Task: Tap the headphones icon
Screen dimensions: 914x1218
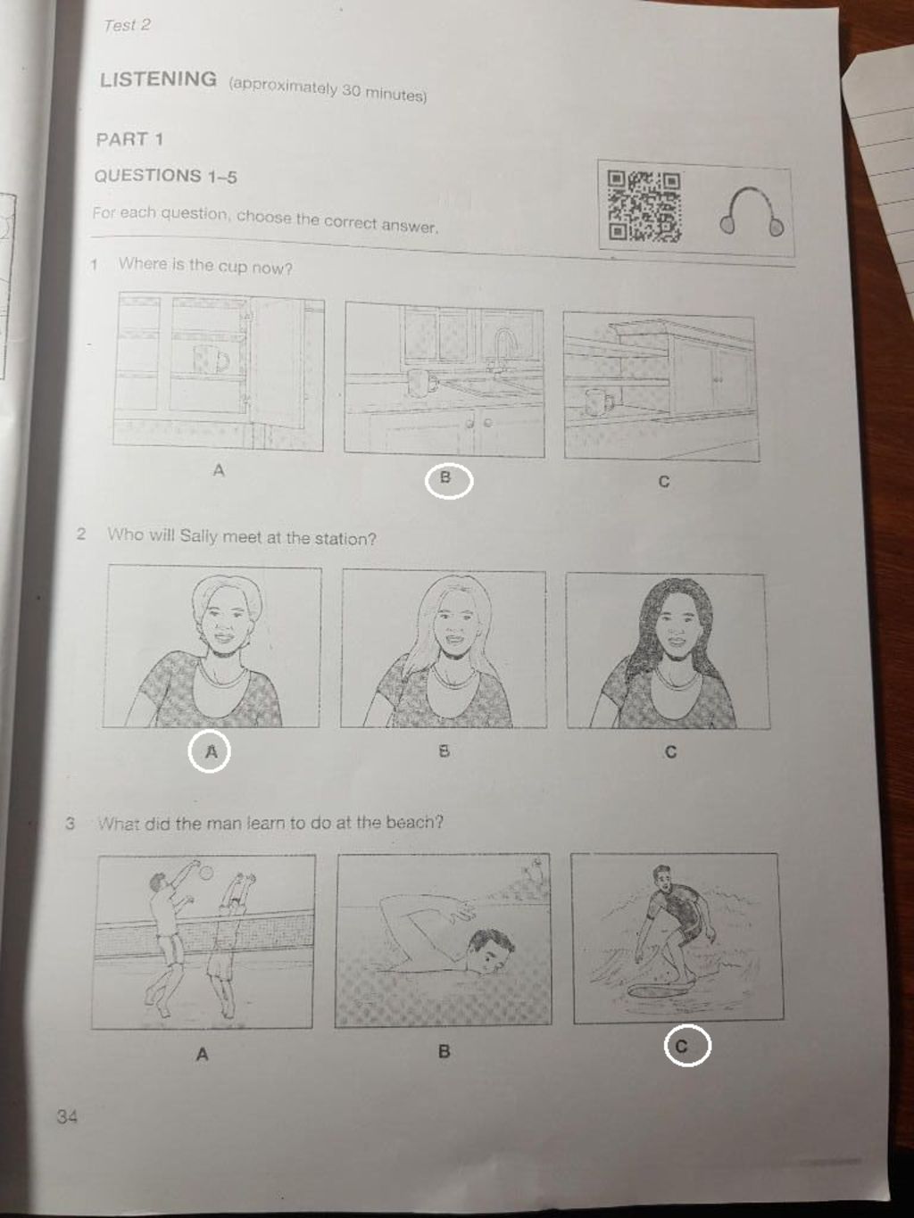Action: pyautogui.click(x=752, y=211)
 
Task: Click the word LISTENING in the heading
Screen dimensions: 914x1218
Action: pyautogui.click(x=159, y=79)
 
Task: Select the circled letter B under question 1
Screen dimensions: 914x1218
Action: pyautogui.click(x=449, y=481)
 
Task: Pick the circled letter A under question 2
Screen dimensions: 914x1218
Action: pyautogui.click(x=209, y=750)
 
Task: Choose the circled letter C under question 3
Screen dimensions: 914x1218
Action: pyautogui.click(x=687, y=1046)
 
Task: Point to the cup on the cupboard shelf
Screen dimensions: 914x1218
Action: pyautogui.click(x=211, y=358)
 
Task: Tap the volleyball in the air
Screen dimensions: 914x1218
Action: pyautogui.click(x=206, y=873)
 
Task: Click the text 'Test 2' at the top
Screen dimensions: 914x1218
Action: pyautogui.click(x=127, y=25)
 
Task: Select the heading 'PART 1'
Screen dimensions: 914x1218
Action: pyautogui.click(x=129, y=139)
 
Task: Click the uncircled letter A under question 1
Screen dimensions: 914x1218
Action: pyautogui.click(x=219, y=470)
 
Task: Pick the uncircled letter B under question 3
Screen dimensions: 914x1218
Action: pyautogui.click(x=444, y=1051)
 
